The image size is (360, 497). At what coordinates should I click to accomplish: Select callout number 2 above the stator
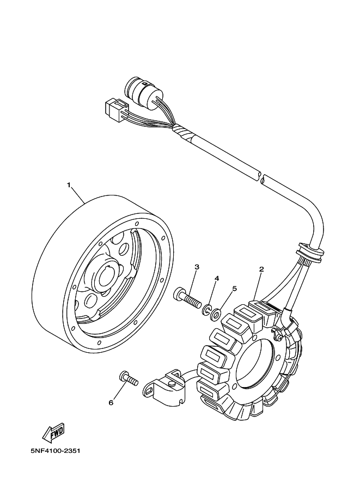[261, 269]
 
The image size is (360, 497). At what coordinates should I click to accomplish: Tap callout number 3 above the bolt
[197, 267]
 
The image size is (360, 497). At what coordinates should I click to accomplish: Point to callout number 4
[216, 278]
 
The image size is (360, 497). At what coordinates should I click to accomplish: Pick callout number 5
[234, 289]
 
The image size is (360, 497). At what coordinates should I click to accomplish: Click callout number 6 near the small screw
[111, 403]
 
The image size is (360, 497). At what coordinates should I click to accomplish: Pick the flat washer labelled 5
[216, 314]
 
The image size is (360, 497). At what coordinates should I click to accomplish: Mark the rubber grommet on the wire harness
[310, 251]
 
